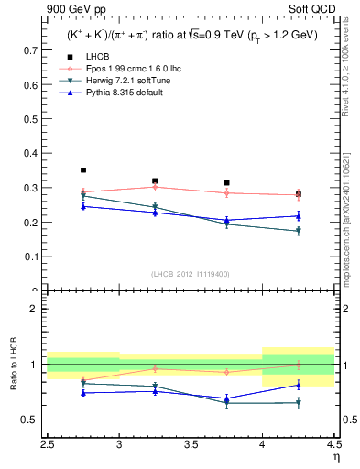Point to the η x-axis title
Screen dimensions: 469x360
click(x=335, y=456)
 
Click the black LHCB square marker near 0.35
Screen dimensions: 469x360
click(x=83, y=170)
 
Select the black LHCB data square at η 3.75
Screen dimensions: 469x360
click(x=226, y=183)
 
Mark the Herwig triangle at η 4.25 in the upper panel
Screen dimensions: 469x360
click(x=298, y=231)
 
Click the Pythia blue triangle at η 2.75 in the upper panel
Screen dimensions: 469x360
click(x=83, y=206)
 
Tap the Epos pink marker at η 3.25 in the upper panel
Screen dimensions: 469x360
click(x=155, y=187)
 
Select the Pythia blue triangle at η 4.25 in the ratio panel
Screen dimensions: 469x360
click(x=298, y=385)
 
